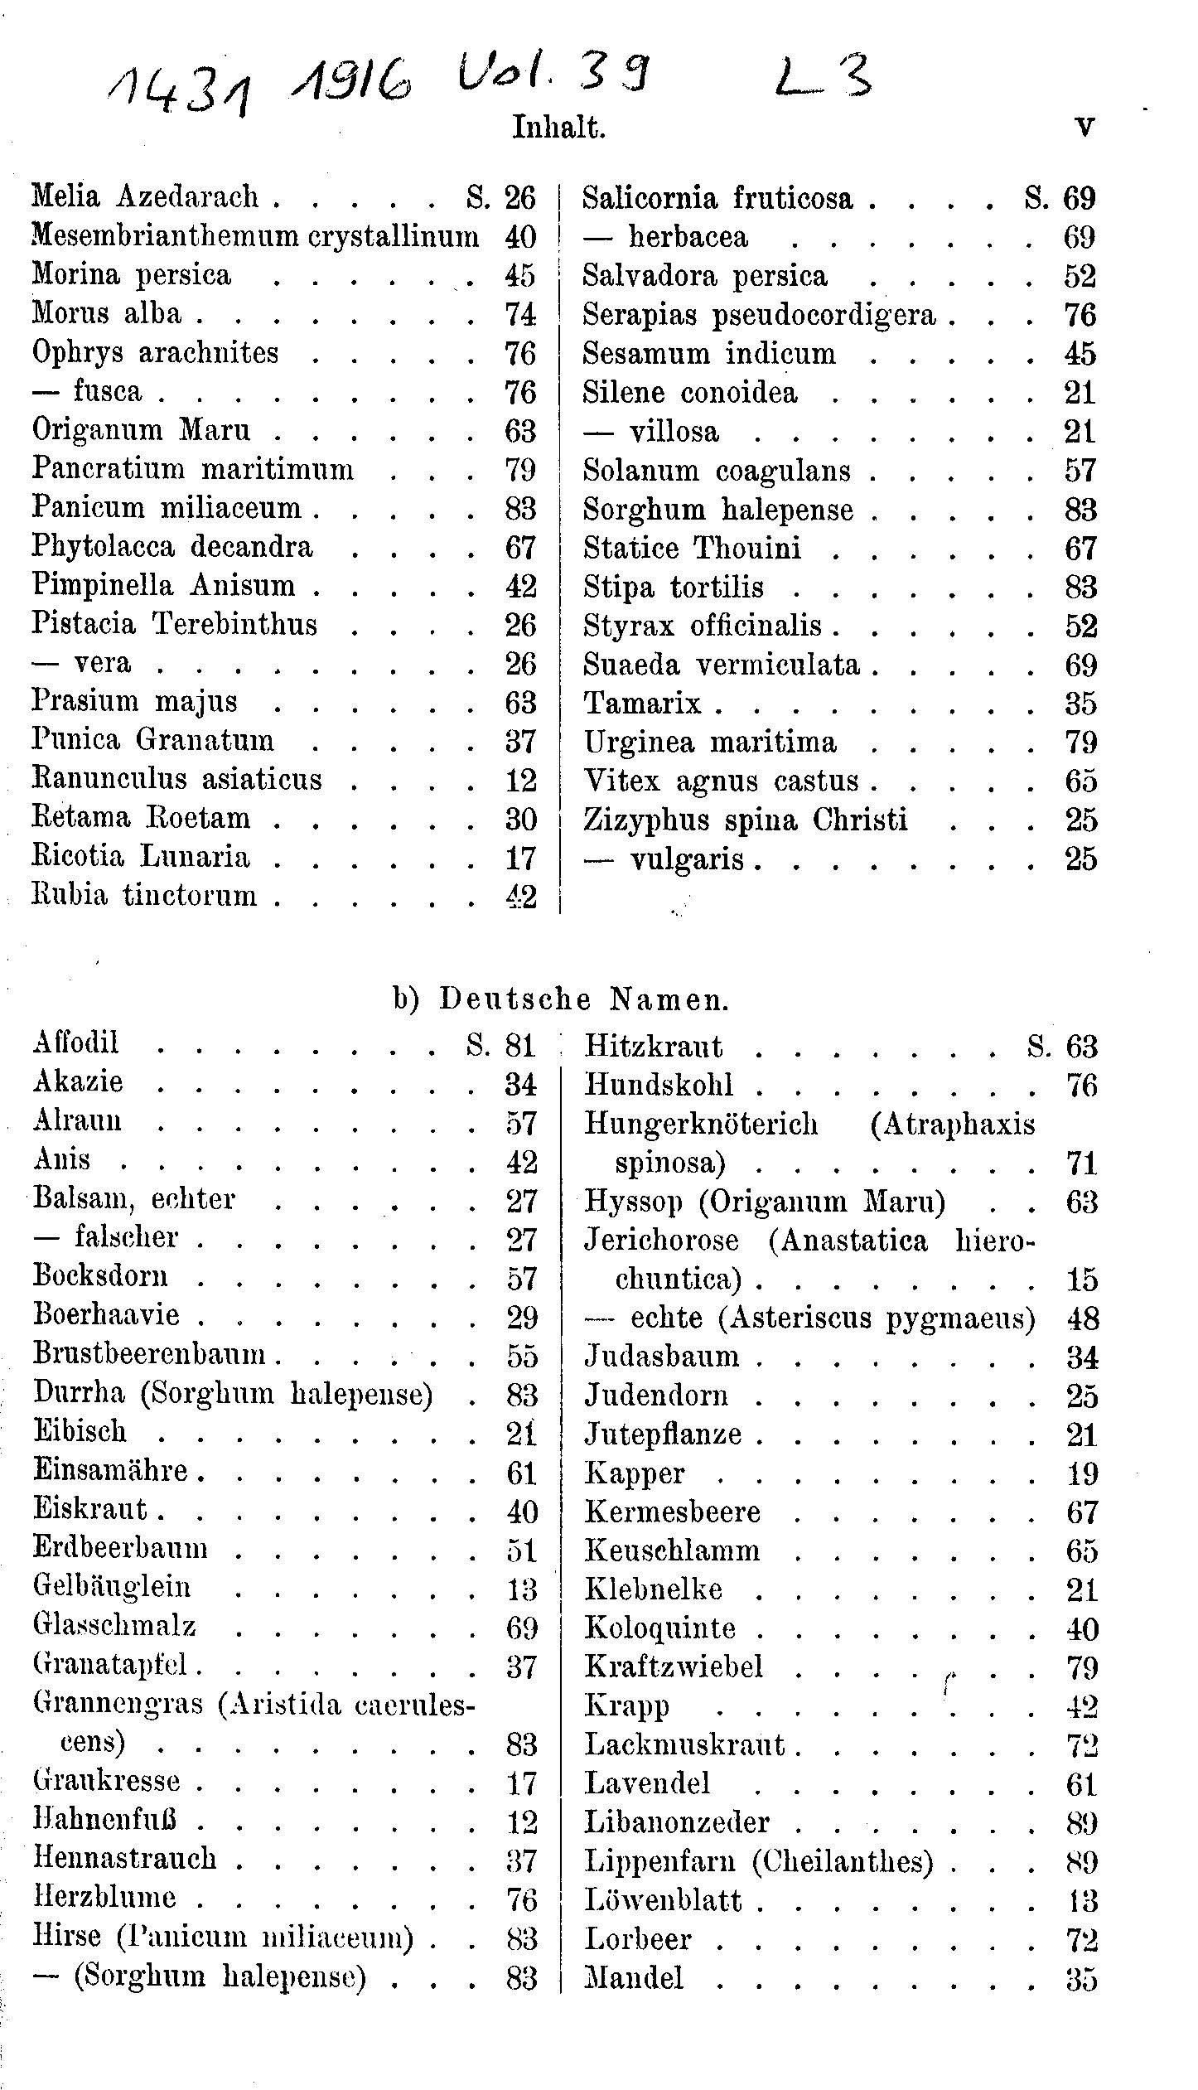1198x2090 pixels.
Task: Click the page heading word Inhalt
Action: [x=559, y=128]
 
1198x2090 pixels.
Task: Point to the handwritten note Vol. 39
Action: [x=553, y=78]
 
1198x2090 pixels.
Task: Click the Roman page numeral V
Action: [x=1084, y=128]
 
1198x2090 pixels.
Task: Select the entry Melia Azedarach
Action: [x=146, y=197]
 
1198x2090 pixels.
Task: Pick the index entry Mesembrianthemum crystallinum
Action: [x=255, y=236]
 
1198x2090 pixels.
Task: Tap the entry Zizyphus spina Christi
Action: [x=745, y=820]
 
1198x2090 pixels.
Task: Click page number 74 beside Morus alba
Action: [x=520, y=314]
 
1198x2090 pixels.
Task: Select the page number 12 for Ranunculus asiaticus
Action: [x=520, y=780]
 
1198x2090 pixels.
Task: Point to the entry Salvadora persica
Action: [x=704, y=276]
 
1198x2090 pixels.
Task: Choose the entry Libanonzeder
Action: [x=677, y=1821]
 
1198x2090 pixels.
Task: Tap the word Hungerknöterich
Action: [x=701, y=1124]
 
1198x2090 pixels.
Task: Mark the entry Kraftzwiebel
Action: [x=674, y=1666]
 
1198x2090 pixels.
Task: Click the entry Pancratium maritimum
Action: [x=193, y=469]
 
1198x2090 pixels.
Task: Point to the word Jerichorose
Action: [x=661, y=1240]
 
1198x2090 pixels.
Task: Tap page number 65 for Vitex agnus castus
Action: [x=1081, y=781]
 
